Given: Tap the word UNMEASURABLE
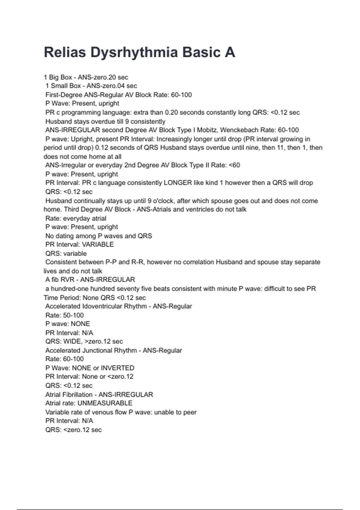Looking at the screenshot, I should click(x=105, y=403).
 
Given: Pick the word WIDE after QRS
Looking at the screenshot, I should click(x=72, y=341).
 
